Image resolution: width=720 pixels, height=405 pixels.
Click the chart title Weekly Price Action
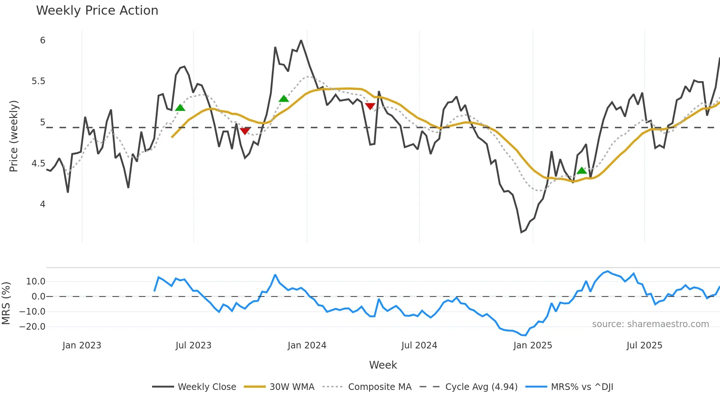[97, 11]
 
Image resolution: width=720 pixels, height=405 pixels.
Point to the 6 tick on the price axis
[43, 40]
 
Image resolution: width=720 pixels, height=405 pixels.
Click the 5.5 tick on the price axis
[39, 81]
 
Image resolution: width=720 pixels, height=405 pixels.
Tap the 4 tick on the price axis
[43, 204]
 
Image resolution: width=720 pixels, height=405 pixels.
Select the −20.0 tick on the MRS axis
[32, 327]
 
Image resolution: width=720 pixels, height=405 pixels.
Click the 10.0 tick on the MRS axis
[36, 282]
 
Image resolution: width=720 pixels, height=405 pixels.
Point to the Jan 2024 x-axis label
[307, 345]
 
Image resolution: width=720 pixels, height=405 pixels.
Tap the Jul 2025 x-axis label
[644, 345]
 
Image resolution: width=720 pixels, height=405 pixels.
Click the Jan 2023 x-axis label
[82, 345]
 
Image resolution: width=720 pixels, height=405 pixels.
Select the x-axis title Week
[383, 365]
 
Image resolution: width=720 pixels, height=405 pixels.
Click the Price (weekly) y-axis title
[14, 136]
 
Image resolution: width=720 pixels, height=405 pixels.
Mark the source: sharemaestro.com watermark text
[650, 324]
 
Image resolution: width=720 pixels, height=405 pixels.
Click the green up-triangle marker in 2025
[582, 171]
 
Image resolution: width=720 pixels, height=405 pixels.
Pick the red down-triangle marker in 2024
[370, 107]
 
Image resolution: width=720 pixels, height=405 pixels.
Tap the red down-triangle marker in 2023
[245, 131]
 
